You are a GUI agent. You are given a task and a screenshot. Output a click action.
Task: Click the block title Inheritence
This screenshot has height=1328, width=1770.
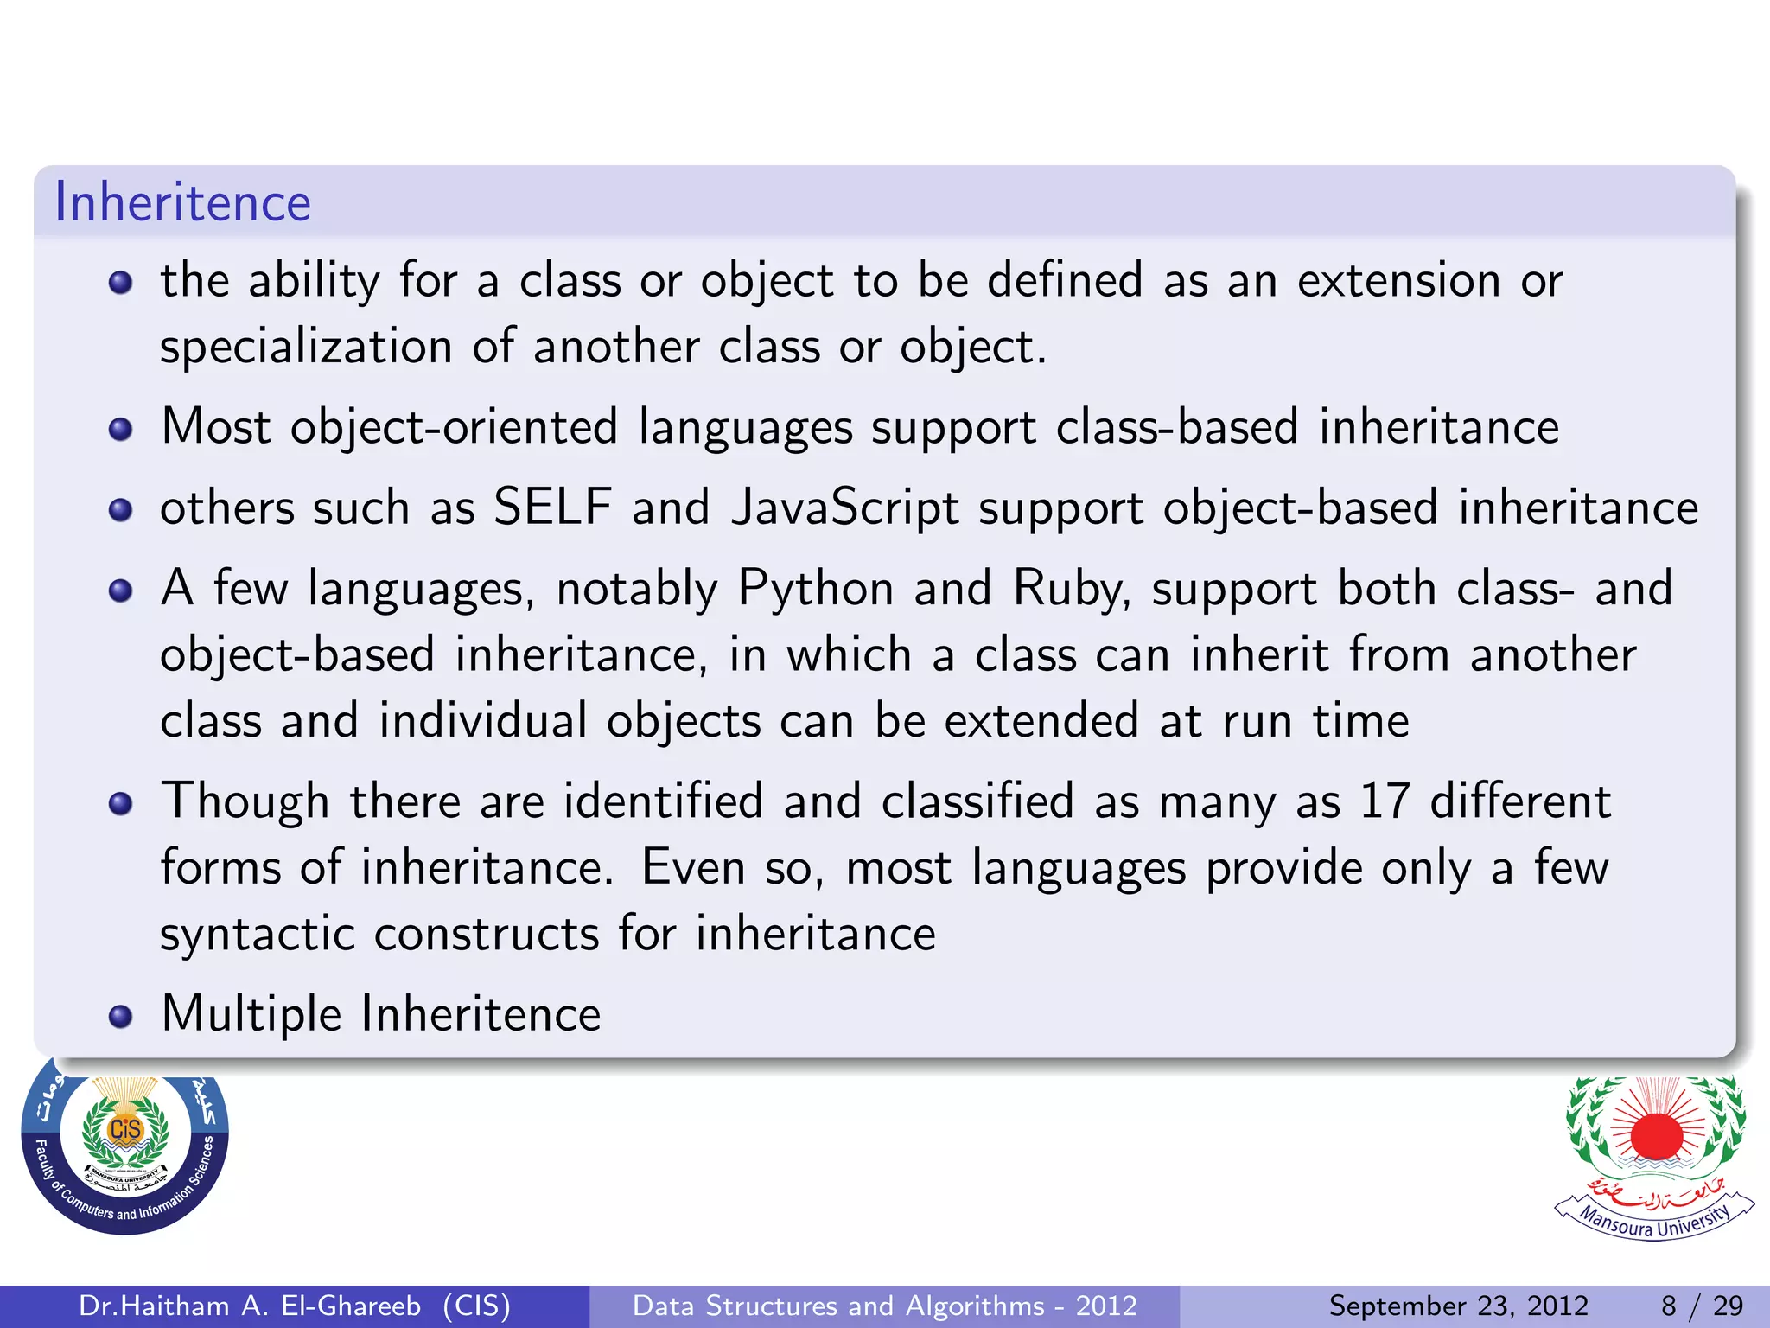click(x=182, y=203)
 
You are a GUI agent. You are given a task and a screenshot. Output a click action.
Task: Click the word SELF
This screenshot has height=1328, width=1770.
click(x=552, y=508)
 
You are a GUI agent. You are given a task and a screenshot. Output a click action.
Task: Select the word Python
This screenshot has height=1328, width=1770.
click(x=815, y=590)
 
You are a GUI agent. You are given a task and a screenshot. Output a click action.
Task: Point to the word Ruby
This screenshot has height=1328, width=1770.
click(x=1070, y=590)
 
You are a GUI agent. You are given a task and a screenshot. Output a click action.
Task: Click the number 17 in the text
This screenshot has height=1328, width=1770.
click(x=1385, y=801)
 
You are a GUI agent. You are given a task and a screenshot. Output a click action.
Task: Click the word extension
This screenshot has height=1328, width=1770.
click(x=1398, y=281)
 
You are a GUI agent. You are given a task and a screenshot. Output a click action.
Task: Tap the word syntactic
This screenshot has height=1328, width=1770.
click(x=258, y=935)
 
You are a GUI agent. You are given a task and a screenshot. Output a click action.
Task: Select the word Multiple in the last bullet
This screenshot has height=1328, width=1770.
click(x=251, y=1014)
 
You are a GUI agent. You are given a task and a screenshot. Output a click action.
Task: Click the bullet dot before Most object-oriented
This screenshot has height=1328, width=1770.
click(x=121, y=430)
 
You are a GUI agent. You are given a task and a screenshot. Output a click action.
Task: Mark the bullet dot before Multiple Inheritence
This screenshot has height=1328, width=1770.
click(x=121, y=1017)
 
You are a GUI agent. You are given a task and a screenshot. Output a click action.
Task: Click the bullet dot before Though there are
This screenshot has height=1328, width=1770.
click(x=121, y=804)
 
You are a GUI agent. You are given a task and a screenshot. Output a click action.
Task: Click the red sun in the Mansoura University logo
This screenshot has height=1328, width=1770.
click(x=1656, y=1135)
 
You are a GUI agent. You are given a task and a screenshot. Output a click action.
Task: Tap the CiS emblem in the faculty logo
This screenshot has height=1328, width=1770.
click(x=125, y=1130)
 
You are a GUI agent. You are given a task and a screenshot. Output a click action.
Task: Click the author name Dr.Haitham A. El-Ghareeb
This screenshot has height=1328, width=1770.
click(x=250, y=1306)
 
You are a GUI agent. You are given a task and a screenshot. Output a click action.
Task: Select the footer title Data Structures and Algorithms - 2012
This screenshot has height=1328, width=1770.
click(x=884, y=1306)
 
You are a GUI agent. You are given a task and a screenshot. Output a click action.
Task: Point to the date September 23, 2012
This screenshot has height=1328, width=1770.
click(x=1458, y=1306)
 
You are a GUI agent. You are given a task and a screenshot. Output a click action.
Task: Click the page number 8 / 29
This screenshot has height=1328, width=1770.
click(x=1702, y=1306)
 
